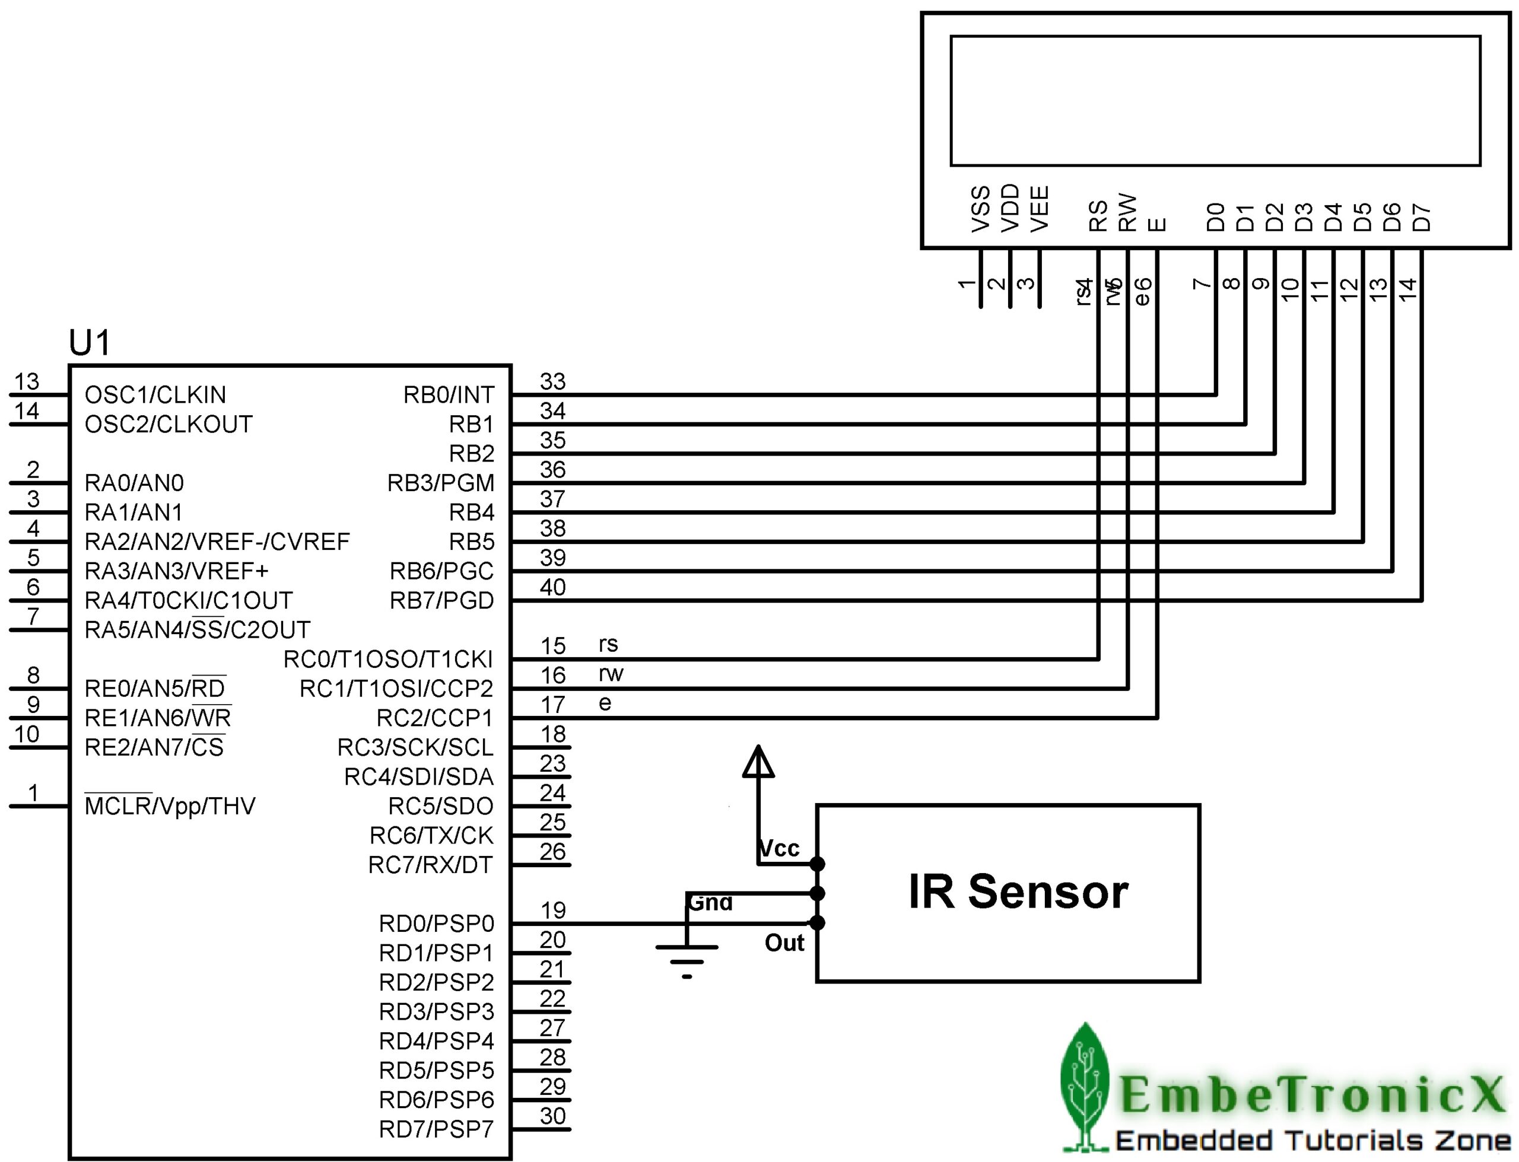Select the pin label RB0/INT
pyautogui.click(x=448, y=395)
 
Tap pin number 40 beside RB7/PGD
pyautogui.click(x=552, y=587)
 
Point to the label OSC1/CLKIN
pyautogui.click(x=155, y=395)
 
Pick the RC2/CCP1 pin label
pyautogui.click(x=434, y=719)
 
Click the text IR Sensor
pyautogui.click(x=1018, y=892)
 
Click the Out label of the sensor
pyautogui.click(x=784, y=943)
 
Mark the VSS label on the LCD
pyautogui.click(x=980, y=208)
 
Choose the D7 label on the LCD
pyautogui.click(x=1421, y=217)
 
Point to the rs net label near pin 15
pyautogui.click(x=608, y=645)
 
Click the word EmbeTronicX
pyautogui.click(x=1311, y=1094)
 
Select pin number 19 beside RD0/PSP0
pyautogui.click(x=552, y=911)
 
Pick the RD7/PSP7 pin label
pyautogui.click(x=436, y=1129)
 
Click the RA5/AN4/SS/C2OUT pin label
pyautogui.click(x=197, y=630)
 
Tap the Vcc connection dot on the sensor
pyautogui.click(x=817, y=864)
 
